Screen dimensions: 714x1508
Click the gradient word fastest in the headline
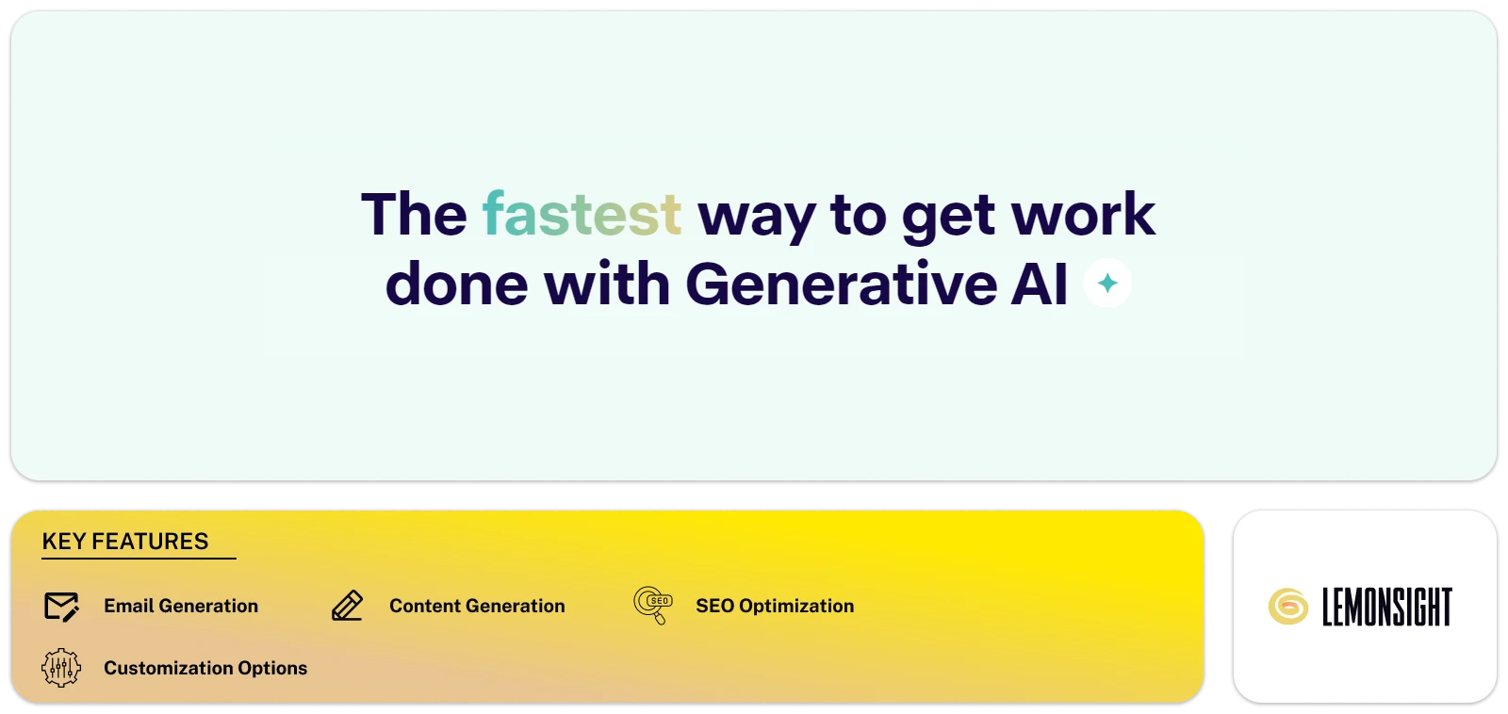click(582, 214)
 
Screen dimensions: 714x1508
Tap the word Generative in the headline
click(841, 284)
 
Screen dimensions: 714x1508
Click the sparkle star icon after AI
click(1107, 283)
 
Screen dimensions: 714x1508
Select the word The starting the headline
click(414, 214)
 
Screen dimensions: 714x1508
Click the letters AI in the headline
click(1040, 284)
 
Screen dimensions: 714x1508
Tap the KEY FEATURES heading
click(125, 542)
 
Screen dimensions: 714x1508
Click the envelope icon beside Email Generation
click(62, 607)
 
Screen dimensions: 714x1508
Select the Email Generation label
click(181, 606)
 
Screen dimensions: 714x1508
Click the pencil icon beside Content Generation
click(347, 606)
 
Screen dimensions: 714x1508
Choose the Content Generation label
click(477, 606)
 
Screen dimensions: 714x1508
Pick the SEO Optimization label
click(775, 606)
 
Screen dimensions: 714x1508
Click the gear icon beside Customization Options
click(61, 668)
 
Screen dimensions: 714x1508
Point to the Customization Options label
click(205, 668)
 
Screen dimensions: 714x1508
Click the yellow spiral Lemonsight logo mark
click(1287, 607)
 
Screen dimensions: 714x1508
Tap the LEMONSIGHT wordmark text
click(1386, 607)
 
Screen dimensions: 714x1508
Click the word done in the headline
click(456, 284)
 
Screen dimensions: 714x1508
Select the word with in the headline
click(606, 284)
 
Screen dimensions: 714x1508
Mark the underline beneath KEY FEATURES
click(139, 559)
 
